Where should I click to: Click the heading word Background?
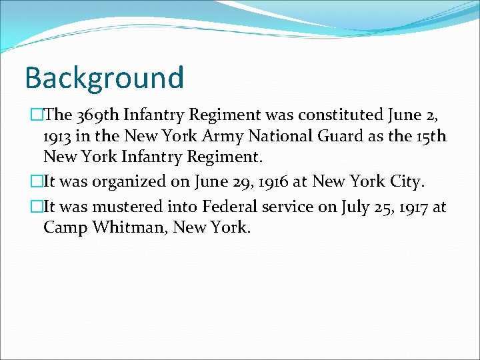pyautogui.click(x=104, y=77)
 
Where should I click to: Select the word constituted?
pyautogui.click(x=339, y=115)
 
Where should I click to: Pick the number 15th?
pyautogui.click(x=430, y=137)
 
